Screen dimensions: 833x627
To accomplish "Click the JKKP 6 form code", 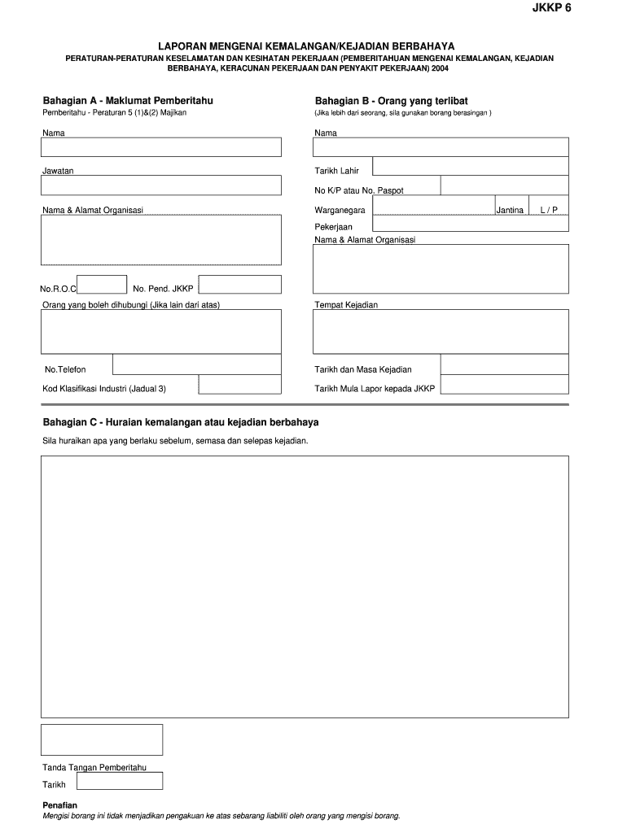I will [551, 9].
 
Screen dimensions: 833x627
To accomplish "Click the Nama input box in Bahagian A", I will [161, 146].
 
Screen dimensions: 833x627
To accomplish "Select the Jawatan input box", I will [161, 185].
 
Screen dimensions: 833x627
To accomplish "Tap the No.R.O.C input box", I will [102, 284].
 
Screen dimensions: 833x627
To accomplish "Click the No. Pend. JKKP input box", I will [240, 284].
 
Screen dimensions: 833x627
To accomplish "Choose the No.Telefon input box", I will [196, 364].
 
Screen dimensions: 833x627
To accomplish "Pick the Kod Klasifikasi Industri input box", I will [240, 384].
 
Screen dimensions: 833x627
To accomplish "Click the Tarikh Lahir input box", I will [470, 166].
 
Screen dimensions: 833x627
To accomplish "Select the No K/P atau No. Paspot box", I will [504, 186].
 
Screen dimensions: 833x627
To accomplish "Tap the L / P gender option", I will [548, 210].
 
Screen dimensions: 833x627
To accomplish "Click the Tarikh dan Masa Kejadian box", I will [504, 364].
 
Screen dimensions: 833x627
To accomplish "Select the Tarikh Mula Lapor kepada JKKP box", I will [504, 384].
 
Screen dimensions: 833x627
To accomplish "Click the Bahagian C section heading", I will [181, 422].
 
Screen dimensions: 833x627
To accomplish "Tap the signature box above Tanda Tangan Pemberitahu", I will [102, 739].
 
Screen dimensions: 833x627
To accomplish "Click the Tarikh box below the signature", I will [120, 781].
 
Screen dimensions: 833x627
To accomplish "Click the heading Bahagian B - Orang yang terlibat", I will [391, 100].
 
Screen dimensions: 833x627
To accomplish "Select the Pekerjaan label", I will [334, 226].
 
